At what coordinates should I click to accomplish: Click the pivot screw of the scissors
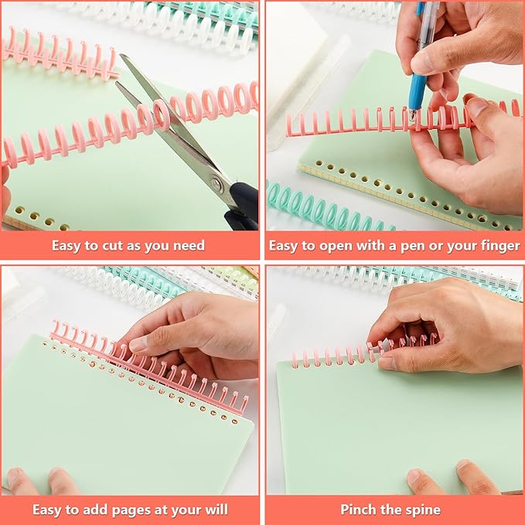click(217, 185)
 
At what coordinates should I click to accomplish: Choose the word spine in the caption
click(424, 510)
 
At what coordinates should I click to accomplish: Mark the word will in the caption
click(216, 510)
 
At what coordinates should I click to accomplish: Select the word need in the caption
click(189, 246)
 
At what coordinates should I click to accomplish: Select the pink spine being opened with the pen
click(348, 122)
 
